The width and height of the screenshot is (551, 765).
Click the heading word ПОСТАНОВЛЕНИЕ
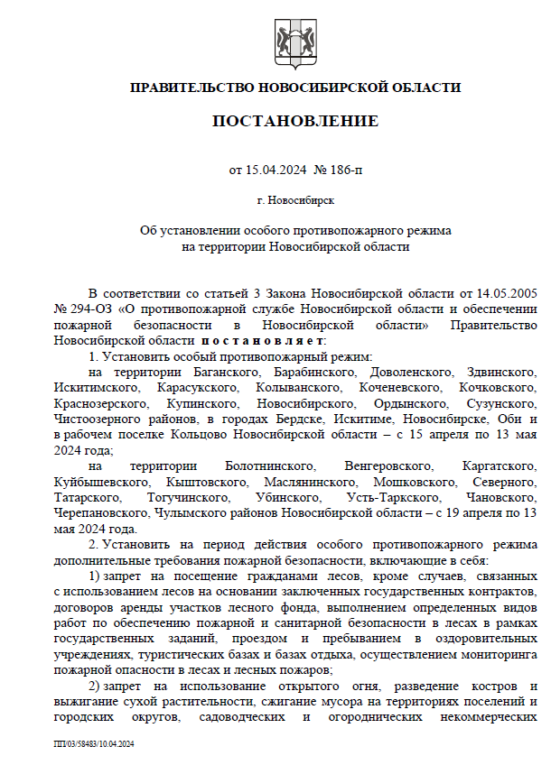[295, 121]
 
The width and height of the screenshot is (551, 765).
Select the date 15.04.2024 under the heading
[276, 169]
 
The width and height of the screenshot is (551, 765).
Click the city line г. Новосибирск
[295, 199]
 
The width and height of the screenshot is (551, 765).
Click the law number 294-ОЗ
[90, 309]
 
